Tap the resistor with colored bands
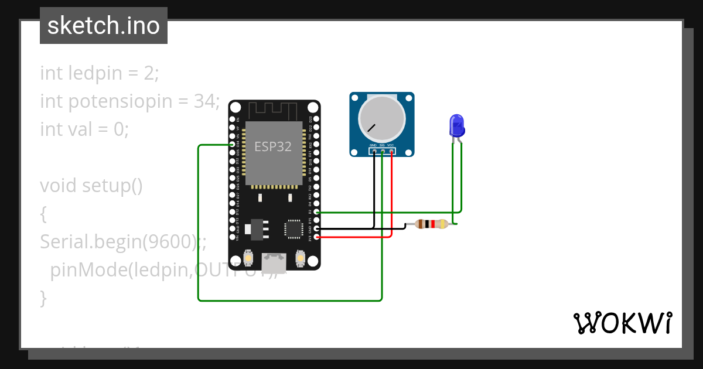431,224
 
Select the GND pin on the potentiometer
374,151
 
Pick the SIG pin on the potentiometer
382,151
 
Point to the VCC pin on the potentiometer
391,151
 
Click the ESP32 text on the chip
272,146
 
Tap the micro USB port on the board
274,262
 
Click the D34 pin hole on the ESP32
233,144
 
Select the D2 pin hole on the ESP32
317,212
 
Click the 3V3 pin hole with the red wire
317,237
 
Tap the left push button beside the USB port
248,258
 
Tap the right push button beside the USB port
300,258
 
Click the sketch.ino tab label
104,26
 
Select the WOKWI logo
622,323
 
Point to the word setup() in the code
112,186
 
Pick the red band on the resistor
432,224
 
